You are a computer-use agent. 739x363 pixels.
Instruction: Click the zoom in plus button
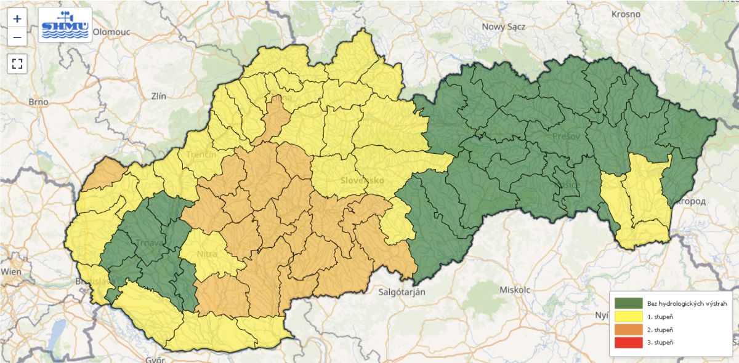[17, 18]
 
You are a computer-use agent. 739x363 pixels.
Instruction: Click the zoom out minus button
[17, 38]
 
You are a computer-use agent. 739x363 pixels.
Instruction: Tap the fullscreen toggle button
[17, 63]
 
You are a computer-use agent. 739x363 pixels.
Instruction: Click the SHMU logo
[65, 25]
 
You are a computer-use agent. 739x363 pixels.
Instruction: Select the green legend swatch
[627, 303]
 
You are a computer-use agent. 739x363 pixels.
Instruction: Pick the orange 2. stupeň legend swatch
[627, 329]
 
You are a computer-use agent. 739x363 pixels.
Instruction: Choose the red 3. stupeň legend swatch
[627, 342]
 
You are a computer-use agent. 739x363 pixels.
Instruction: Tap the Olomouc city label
[114, 33]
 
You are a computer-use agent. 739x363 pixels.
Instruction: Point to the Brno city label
[39, 102]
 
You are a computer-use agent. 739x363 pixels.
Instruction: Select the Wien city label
[11, 271]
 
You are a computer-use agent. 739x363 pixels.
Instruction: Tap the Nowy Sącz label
[503, 26]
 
